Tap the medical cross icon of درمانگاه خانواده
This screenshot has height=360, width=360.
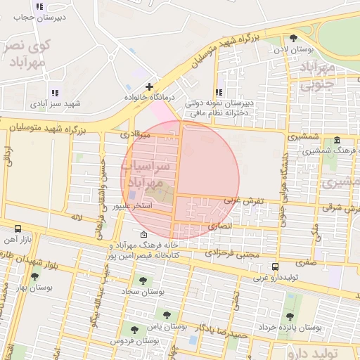(149, 86)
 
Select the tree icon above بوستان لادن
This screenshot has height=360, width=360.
(293, 39)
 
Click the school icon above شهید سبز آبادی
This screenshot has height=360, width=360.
(55, 93)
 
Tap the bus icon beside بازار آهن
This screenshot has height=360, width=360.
(18, 229)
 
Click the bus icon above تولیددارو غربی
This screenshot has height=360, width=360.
(275, 266)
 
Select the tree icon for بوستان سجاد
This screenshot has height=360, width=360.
(143, 281)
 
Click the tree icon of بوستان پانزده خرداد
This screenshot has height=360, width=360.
(290, 317)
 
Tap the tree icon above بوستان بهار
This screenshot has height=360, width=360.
(34, 276)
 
